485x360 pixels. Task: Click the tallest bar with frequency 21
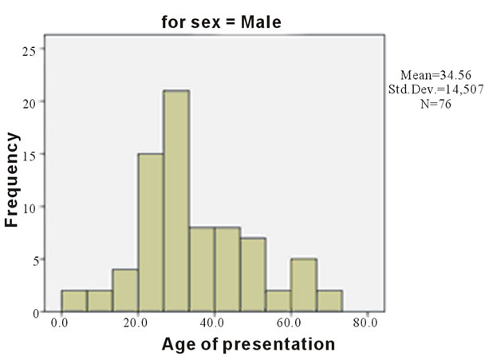click(176, 201)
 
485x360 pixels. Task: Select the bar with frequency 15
click(151, 232)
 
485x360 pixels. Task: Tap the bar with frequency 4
click(125, 291)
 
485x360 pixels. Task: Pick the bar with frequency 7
click(254, 275)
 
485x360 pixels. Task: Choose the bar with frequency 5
click(304, 285)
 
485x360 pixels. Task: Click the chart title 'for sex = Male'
click(222, 22)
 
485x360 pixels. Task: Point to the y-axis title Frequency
click(12, 180)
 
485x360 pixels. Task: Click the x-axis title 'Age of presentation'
click(248, 344)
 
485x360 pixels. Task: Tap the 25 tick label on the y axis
click(30, 51)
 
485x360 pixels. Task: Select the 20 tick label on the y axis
click(30, 103)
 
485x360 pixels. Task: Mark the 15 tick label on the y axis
click(30, 156)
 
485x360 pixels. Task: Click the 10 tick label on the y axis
click(30, 208)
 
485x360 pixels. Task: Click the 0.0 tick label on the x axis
click(59, 322)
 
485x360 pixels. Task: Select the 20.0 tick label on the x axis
click(136, 322)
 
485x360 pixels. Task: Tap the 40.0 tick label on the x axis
click(212, 322)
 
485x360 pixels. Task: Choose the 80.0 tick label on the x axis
click(365, 322)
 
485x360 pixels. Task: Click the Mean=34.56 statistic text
click(436, 75)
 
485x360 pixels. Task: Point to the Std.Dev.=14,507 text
click(436, 89)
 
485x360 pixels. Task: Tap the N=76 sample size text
click(436, 104)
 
